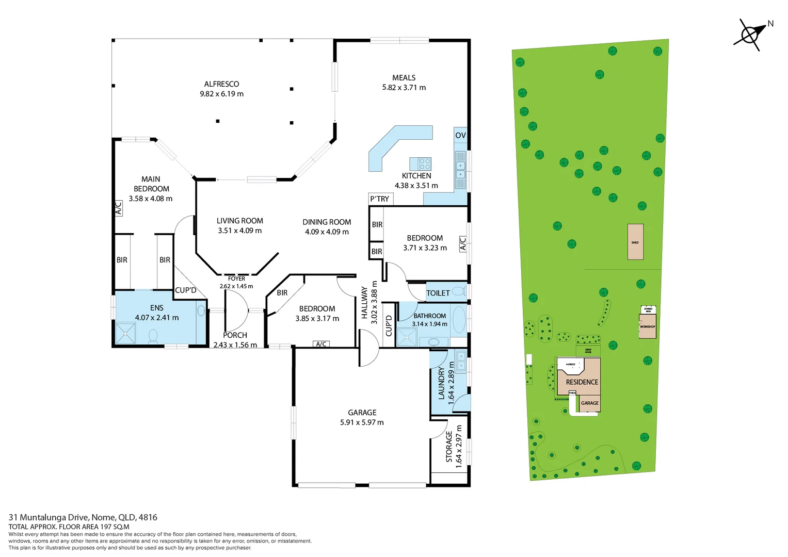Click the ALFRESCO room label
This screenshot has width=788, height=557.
(221, 84)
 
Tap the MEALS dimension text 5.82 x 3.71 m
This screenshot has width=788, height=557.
(404, 88)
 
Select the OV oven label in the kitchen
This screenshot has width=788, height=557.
(460, 135)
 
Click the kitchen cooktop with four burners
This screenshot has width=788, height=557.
(424, 164)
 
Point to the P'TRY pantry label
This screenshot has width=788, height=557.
(380, 199)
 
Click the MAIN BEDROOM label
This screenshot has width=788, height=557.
(151, 184)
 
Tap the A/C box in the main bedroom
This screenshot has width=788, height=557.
(118, 208)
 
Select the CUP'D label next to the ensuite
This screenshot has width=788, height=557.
(186, 290)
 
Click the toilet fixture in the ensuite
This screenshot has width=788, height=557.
(153, 336)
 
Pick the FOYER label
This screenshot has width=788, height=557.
(236, 278)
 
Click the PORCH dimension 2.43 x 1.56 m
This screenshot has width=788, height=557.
(235, 345)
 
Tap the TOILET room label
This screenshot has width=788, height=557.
(438, 293)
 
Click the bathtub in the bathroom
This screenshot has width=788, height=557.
(458, 319)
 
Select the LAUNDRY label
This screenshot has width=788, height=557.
(441, 384)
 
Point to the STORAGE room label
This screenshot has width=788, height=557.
(449, 447)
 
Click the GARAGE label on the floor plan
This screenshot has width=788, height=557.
(362, 413)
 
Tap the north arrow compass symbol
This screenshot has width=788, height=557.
(750, 35)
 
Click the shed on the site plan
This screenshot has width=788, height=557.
(635, 242)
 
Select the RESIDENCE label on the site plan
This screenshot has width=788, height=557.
(582, 382)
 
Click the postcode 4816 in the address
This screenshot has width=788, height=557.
(148, 517)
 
